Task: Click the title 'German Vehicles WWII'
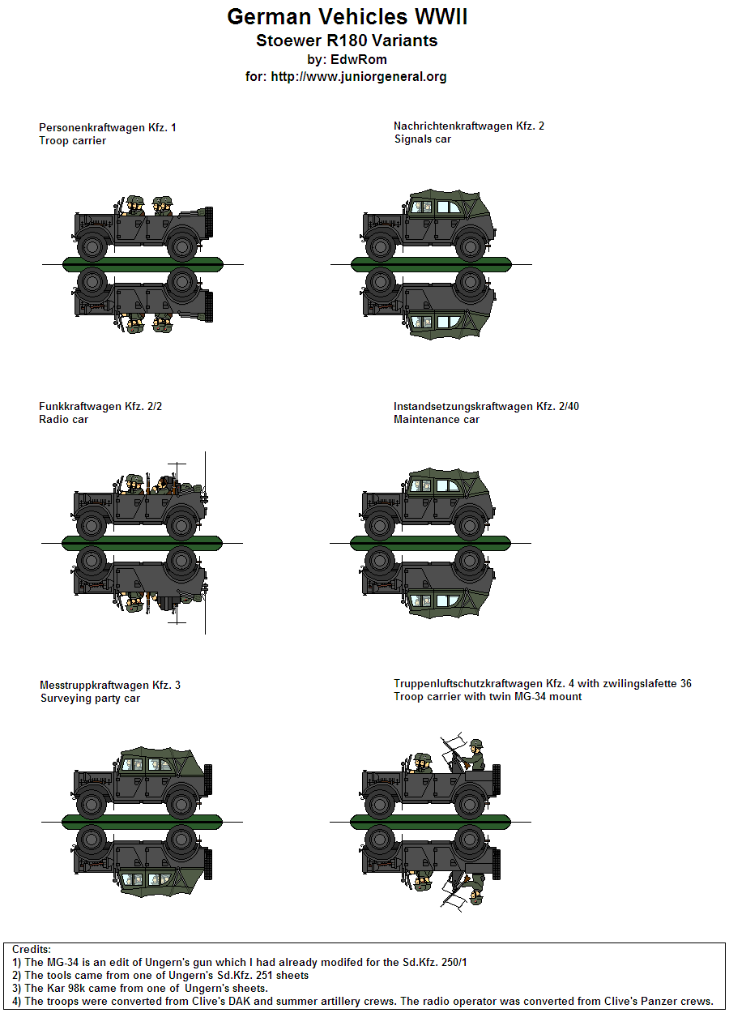click(x=347, y=17)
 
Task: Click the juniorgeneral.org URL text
click(x=358, y=76)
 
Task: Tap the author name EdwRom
click(x=358, y=59)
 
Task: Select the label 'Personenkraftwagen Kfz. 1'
click(x=107, y=127)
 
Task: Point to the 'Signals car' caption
click(x=423, y=139)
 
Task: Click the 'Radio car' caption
click(x=63, y=419)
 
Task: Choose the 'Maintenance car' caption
click(x=436, y=419)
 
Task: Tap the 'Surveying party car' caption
click(x=91, y=699)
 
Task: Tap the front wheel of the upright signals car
click(x=380, y=247)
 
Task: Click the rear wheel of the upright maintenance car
click(x=469, y=525)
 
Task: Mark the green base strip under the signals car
click(x=431, y=264)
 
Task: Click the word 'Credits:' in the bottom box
click(x=31, y=949)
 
